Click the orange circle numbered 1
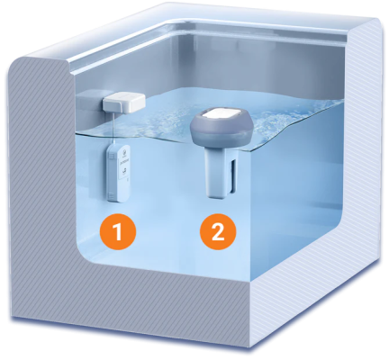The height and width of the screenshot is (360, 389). tap(118, 231)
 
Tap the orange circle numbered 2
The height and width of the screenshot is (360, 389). tap(218, 231)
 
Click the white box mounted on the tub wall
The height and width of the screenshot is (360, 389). tap(124, 102)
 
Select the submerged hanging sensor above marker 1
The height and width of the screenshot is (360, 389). tap(118, 173)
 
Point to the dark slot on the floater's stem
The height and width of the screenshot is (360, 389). tap(233, 176)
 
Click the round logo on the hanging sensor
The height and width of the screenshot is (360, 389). tap(123, 152)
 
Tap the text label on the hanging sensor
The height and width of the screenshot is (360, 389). tap(123, 160)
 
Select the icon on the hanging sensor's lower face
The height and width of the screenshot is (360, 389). tap(123, 171)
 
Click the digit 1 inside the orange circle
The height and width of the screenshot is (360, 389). tap(117, 231)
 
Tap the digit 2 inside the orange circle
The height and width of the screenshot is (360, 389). tap(218, 231)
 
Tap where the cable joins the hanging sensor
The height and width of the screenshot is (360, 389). tap(113, 143)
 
